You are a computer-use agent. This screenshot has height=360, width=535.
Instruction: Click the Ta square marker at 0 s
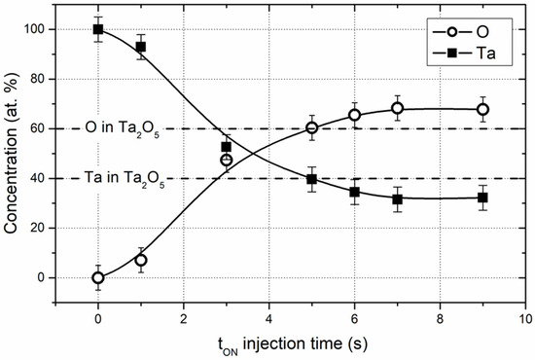point(98,29)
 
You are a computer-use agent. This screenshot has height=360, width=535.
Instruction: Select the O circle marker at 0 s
point(98,277)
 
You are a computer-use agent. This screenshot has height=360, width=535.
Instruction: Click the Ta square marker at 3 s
point(227,147)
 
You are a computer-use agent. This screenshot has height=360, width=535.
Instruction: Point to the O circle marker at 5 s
point(312,127)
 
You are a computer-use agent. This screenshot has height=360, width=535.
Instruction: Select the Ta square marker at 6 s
point(355,192)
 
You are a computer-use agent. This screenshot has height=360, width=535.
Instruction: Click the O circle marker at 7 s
point(398,108)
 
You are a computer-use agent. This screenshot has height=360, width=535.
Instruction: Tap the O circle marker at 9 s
point(483,109)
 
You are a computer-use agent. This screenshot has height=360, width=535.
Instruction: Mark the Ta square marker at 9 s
point(483,198)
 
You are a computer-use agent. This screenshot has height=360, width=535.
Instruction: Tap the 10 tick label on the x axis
point(526,317)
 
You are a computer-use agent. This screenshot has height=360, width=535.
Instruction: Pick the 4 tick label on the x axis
point(269,317)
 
